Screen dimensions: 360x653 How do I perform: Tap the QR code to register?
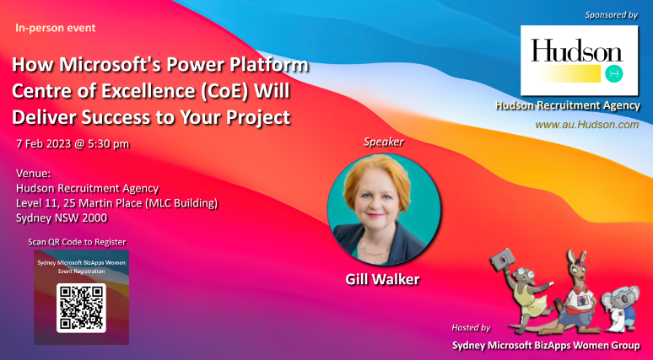(80, 308)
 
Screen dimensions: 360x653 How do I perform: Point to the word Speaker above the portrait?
(384, 142)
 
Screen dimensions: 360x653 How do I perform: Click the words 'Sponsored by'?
(611, 15)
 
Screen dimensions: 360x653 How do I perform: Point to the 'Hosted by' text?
(472, 327)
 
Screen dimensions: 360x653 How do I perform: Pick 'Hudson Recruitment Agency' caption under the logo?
(567, 105)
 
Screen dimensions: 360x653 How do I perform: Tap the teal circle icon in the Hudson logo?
(614, 73)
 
